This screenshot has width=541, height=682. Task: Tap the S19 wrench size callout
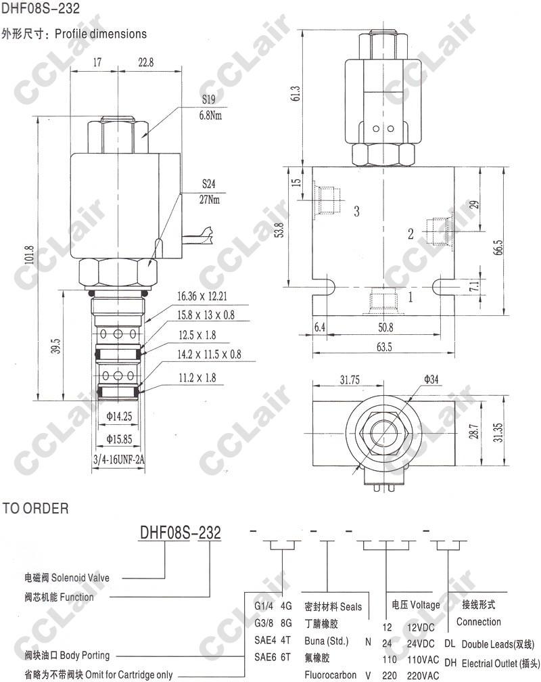(209, 99)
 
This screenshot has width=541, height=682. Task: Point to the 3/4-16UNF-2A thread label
(119, 459)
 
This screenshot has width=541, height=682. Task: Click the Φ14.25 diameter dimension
(119, 417)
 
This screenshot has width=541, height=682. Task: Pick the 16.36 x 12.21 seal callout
(202, 296)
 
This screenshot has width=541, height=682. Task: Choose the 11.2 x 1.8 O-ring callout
(197, 378)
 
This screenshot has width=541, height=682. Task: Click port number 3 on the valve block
(356, 211)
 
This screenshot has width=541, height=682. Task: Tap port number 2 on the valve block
(410, 234)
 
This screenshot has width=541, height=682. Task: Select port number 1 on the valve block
(410, 297)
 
